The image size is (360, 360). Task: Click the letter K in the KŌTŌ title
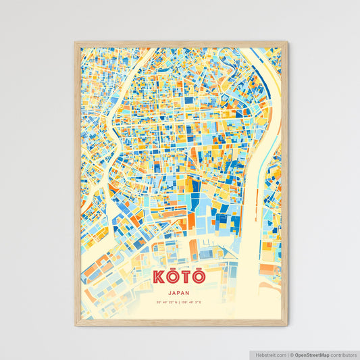pos(159,278)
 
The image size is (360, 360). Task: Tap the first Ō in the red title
pos(172,278)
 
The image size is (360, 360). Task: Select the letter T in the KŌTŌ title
pos(185,278)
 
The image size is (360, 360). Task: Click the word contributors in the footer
pos(343,354)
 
